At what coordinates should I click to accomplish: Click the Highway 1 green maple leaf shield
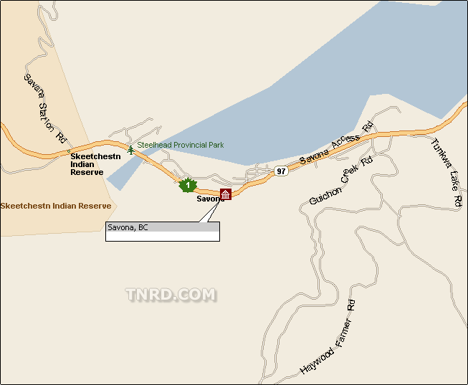[187, 185]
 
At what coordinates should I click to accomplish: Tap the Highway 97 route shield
[281, 171]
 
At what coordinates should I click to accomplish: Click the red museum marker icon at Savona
[226, 194]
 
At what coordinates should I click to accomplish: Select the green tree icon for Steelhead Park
[130, 149]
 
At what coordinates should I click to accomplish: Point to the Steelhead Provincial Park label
[181, 145]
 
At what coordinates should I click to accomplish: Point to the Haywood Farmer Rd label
[328, 341]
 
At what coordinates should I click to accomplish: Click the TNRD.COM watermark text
[171, 295]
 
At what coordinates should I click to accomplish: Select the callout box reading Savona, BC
[163, 231]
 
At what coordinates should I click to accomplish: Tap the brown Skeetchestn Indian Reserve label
[56, 206]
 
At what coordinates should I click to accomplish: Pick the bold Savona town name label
[210, 199]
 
